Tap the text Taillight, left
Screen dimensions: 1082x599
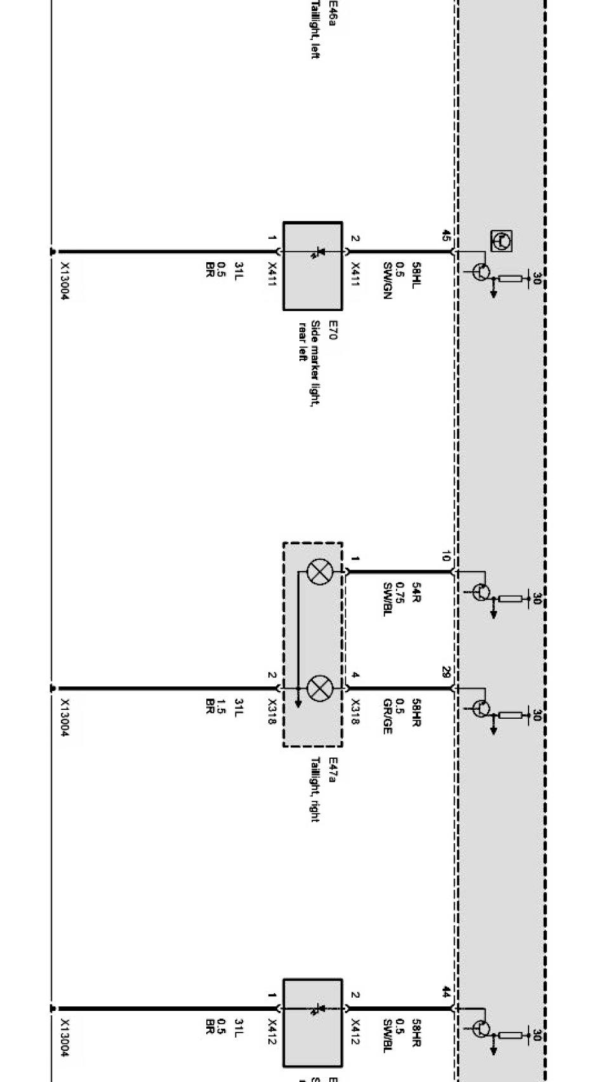pyautogui.click(x=314, y=30)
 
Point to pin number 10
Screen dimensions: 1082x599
pyautogui.click(x=445, y=557)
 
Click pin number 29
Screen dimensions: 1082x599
pyautogui.click(x=445, y=673)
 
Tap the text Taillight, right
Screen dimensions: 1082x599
pyautogui.click(x=315, y=789)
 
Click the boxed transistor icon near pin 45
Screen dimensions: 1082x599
pyautogui.click(x=501, y=240)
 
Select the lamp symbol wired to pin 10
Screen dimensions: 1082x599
pyautogui.click(x=319, y=572)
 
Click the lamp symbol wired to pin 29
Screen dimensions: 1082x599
pyautogui.click(x=319, y=688)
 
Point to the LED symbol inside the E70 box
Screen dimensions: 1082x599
pyautogui.click(x=318, y=253)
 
